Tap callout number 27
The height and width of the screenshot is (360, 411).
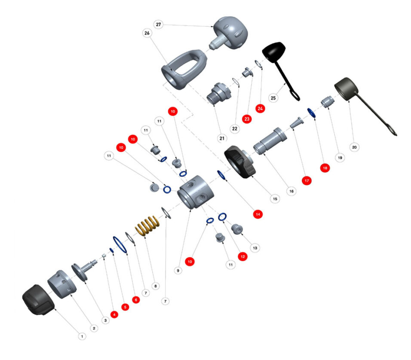[x=159, y=25]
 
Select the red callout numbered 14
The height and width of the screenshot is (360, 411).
[x=258, y=214]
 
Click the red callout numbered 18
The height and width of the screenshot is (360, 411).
[x=325, y=168]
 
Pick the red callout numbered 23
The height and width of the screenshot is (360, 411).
[x=246, y=119]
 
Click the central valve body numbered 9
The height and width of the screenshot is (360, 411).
[x=196, y=191]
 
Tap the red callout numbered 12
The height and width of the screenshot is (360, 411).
[x=242, y=256]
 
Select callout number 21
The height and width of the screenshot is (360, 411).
[x=222, y=138]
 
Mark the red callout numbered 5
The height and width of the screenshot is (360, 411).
[x=125, y=307]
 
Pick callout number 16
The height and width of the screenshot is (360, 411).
[x=291, y=190]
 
